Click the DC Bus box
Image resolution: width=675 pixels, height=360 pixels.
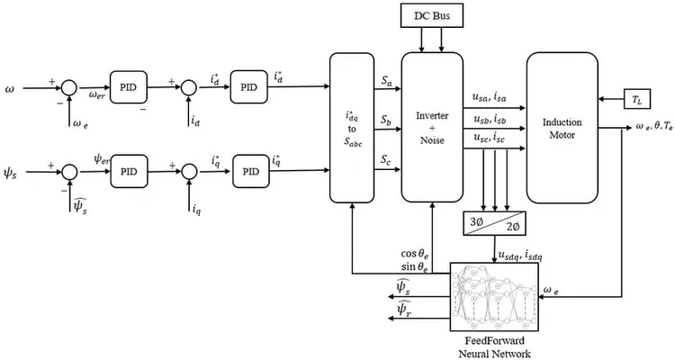click(432, 15)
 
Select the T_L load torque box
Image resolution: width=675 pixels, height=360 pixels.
click(637, 99)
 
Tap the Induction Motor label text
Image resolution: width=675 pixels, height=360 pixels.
click(562, 129)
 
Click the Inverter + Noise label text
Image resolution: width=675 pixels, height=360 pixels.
click(432, 128)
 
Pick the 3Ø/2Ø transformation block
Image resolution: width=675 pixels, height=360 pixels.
click(495, 223)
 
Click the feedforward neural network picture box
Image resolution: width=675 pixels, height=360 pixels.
click(494, 297)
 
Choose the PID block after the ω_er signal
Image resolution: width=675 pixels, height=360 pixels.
click(129, 87)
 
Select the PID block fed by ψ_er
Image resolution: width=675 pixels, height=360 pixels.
click(129, 171)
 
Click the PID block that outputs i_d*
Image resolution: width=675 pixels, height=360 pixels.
click(248, 87)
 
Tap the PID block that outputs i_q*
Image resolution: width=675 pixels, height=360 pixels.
click(251, 171)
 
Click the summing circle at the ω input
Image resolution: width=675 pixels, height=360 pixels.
click(68, 88)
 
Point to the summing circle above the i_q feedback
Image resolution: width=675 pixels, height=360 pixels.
click(189, 172)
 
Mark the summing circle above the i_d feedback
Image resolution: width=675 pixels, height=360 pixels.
click(189, 88)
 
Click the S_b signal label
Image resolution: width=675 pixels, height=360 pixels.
click(386, 120)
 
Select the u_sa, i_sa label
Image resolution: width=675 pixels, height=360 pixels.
click(489, 98)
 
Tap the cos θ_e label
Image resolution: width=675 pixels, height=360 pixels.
click(415, 254)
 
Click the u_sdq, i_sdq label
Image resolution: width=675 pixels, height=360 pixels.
click(520, 256)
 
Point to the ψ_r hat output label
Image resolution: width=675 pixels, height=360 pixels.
click(405, 308)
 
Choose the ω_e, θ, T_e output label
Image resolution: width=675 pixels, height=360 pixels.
click(654, 128)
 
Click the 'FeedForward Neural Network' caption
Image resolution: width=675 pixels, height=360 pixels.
click(495, 347)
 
